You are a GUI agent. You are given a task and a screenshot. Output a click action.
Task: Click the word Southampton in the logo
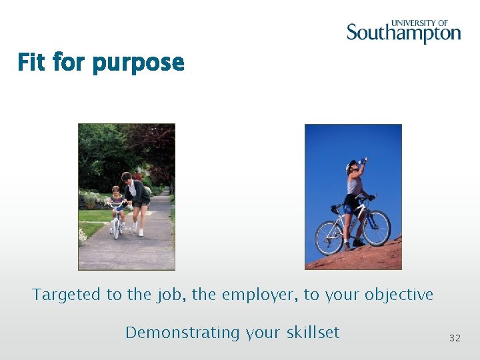click(403, 33)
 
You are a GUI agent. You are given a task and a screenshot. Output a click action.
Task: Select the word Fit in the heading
click(31, 63)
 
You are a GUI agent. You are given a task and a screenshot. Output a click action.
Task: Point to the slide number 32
click(455, 338)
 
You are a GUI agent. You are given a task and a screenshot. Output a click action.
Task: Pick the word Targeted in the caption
click(66, 295)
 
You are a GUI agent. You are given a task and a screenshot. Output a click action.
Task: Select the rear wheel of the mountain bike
click(329, 238)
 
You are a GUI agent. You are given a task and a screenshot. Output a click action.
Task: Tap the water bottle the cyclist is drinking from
click(363, 159)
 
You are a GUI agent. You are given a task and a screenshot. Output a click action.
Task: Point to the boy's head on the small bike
click(117, 191)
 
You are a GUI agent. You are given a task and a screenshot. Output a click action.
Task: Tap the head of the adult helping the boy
click(127, 177)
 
